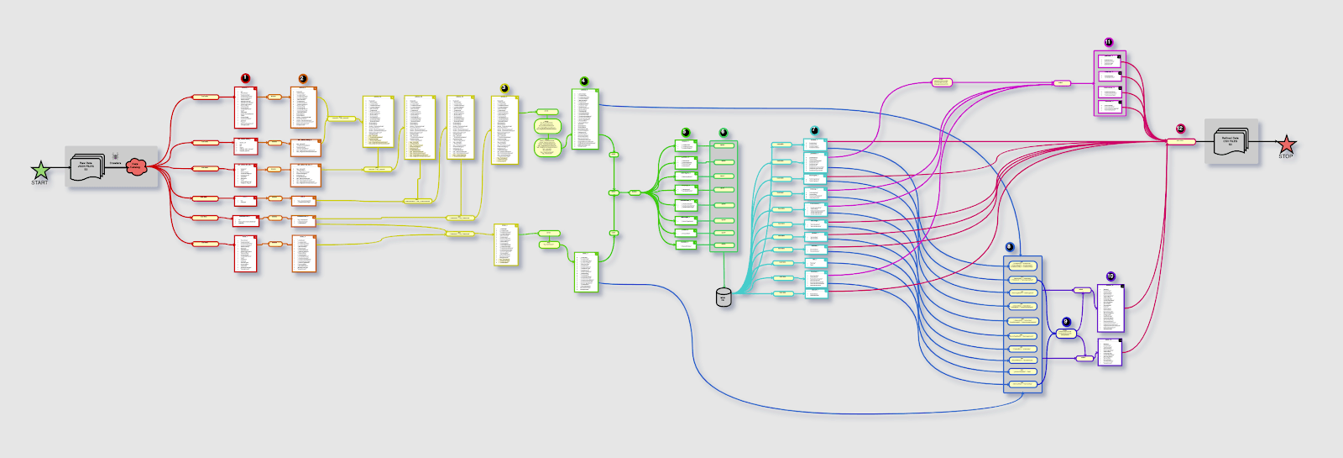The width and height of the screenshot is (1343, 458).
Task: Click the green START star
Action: (40, 171)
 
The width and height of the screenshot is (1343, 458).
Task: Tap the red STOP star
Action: (1286, 145)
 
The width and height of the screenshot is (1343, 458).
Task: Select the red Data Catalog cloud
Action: (136, 166)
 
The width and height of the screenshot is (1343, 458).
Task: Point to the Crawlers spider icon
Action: (115, 156)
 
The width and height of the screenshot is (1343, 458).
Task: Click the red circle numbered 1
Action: (245, 78)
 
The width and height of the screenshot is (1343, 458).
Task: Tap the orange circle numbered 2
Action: (302, 79)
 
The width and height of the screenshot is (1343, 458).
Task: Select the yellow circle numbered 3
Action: (504, 88)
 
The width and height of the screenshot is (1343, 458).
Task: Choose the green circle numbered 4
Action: (584, 82)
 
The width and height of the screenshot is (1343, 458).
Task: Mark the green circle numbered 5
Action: (685, 133)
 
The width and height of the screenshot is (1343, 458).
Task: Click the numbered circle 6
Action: (723, 133)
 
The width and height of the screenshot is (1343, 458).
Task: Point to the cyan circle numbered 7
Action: (814, 131)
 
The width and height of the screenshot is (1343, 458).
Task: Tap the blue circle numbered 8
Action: (1009, 247)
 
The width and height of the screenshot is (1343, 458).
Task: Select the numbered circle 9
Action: (1066, 322)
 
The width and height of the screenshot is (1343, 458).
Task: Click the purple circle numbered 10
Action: (1110, 276)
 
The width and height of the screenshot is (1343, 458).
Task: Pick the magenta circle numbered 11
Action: (1108, 42)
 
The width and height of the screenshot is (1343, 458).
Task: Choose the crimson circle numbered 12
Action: (1180, 129)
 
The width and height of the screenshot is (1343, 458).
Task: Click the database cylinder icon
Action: (724, 297)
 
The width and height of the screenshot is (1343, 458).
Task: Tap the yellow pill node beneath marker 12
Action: (1181, 141)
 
